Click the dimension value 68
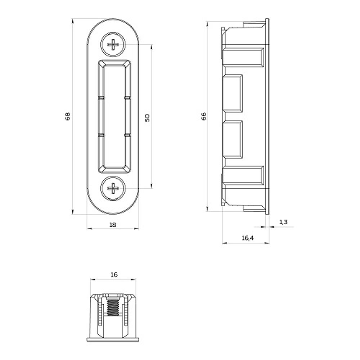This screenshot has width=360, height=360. pos(68,116)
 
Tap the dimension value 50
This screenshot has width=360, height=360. pos(147,118)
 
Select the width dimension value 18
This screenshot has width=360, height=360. pos(113,225)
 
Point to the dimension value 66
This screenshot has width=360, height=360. pos(204,116)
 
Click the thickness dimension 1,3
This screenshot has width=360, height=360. pos(283,222)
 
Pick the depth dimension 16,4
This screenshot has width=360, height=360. pos(248,238)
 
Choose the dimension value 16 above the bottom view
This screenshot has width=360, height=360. pos(114,274)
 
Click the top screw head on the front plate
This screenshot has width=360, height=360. pos(113,44)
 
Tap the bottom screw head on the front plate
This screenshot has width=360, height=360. pos(113,189)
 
